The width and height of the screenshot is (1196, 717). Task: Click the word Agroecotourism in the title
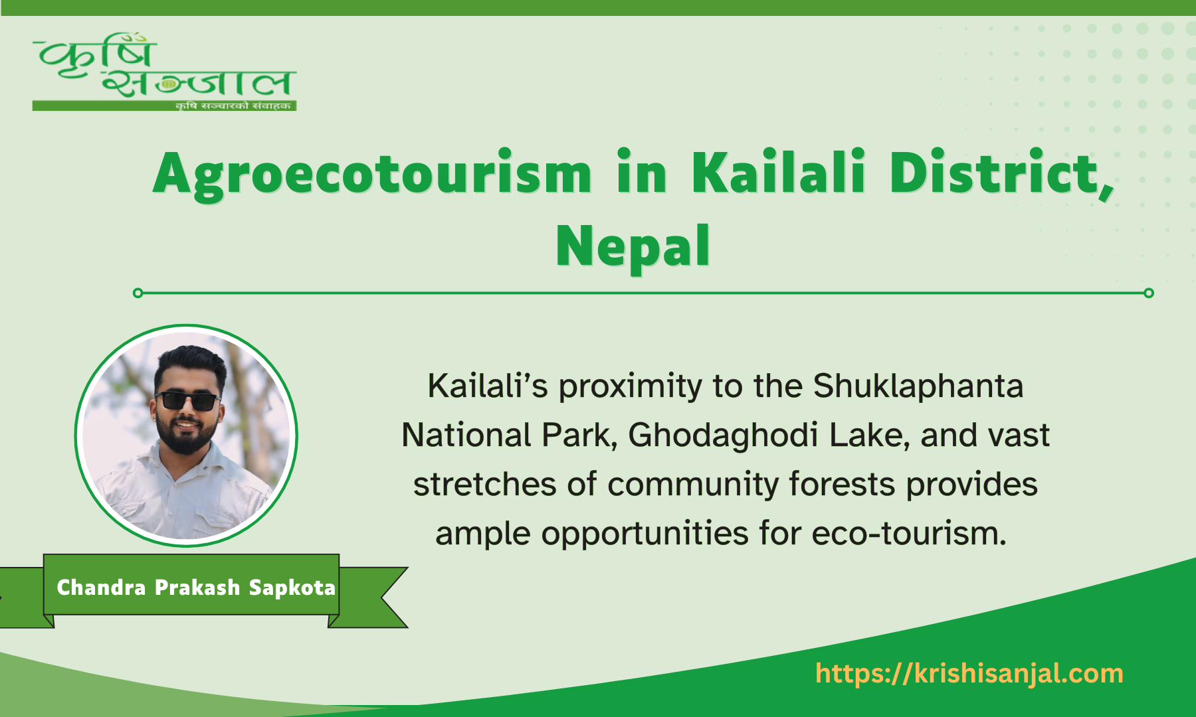coord(372,174)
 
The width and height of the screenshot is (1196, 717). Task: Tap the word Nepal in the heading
coord(633,246)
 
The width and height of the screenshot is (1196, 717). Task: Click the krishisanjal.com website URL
coord(969,673)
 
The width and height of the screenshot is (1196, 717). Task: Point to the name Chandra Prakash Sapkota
coord(196,588)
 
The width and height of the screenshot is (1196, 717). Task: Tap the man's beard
coord(187,439)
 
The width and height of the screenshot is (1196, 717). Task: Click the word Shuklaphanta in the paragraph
coord(918,386)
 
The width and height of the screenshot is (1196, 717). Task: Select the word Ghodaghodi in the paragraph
coord(723,436)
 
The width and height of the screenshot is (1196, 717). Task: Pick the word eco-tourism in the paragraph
coord(908,534)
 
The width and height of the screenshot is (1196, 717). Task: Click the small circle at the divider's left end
coord(138,293)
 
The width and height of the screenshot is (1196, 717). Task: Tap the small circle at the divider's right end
coord(1149,293)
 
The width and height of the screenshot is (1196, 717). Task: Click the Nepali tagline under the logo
coord(233,106)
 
